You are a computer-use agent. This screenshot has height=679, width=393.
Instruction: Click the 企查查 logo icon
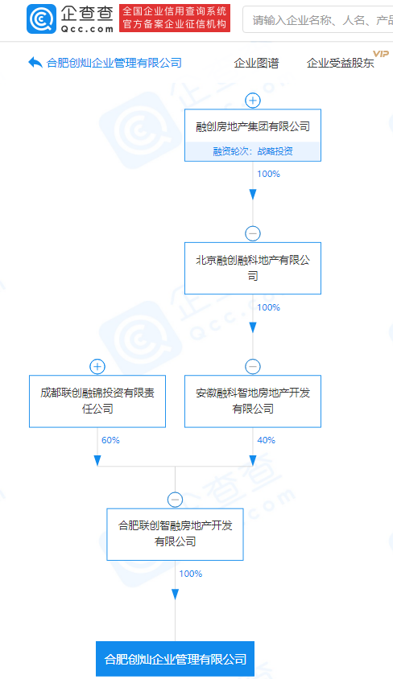click(41, 19)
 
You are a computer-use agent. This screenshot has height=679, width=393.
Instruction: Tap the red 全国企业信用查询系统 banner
click(175, 19)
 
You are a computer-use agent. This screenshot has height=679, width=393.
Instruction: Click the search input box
click(317, 19)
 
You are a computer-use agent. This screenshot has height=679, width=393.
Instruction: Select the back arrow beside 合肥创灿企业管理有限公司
click(35, 63)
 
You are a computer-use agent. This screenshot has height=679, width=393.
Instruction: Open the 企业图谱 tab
click(256, 64)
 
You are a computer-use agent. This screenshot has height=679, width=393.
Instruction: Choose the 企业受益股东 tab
click(340, 64)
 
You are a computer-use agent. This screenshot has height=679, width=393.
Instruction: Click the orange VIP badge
click(381, 54)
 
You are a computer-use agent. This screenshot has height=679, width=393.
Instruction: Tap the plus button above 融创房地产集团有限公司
click(253, 101)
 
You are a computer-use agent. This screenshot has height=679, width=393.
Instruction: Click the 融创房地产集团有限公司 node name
click(253, 126)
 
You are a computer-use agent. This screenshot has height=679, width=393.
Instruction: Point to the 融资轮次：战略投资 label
click(253, 151)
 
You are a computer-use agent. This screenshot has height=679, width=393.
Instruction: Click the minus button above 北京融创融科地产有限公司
click(253, 234)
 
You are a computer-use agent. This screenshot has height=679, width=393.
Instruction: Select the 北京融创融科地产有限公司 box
click(253, 268)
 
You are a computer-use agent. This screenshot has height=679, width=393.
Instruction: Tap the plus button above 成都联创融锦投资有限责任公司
click(97, 367)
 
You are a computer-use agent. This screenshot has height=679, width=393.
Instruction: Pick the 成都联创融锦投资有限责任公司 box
click(97, 401)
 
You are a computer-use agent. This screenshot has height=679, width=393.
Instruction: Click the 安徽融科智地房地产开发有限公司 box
click(253, 401)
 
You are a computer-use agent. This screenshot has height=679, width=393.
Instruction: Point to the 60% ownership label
click(110, 440)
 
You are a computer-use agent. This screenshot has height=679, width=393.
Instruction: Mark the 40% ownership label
click(266, 440)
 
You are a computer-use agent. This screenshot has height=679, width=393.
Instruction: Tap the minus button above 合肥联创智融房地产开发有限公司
click(175, 500)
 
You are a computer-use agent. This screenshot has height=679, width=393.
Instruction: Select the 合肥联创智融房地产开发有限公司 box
click(175, 534)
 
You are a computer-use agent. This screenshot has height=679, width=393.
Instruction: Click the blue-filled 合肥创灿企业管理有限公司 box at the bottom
click(175, 659)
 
